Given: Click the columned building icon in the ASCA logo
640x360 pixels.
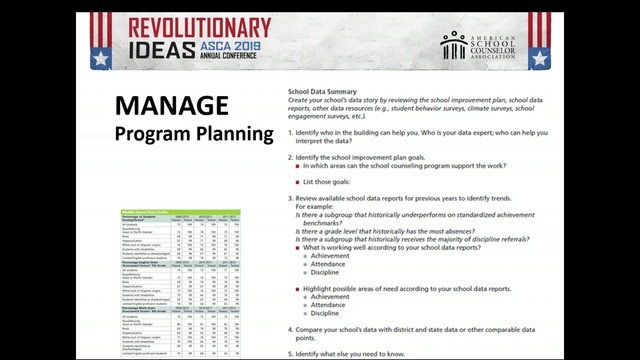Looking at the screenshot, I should click(x=454, y=45).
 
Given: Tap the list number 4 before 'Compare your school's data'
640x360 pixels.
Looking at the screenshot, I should click(x=290, y=329).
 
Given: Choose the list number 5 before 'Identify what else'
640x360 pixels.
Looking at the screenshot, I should click(x=290, y=355).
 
